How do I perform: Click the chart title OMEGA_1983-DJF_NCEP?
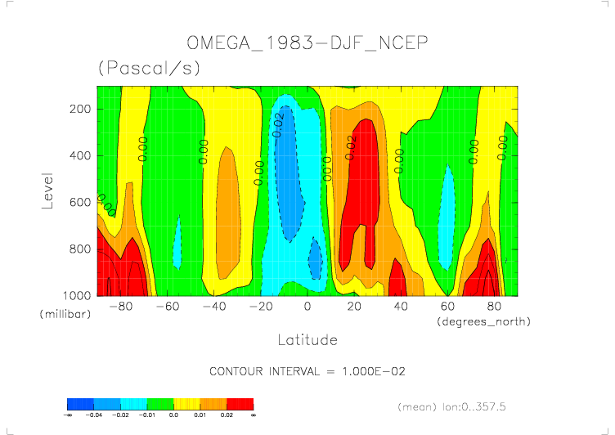[307, 43]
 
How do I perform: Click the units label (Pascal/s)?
[149, 69]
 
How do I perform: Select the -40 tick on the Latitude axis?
[214, 307]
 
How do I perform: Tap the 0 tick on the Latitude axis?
[307, 307]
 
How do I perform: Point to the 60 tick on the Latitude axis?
[448, 307]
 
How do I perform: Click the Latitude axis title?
[307, 339]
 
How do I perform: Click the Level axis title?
[47, 190]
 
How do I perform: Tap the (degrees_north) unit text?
[483, 321]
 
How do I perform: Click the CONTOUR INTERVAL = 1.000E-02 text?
[307, 371]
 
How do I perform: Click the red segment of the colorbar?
[240, 404]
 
